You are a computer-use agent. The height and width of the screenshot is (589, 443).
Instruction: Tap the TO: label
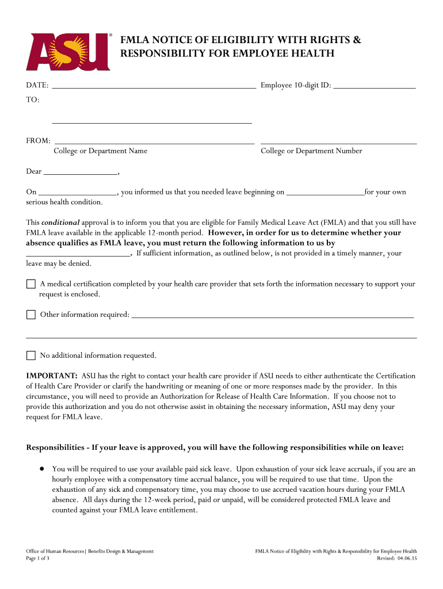tap(33, 100)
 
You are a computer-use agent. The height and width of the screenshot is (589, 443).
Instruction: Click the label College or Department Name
tap(100, 151)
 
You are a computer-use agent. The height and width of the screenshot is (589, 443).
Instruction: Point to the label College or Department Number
tap(311, 151)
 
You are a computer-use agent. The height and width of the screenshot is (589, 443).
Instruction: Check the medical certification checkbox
tap(31, 284)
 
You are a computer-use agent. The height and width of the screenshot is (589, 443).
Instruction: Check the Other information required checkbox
tap(31, 315)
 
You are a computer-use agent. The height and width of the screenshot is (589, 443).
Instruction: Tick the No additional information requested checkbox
tap(31, 355)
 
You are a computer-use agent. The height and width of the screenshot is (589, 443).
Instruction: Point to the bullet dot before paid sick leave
tap(42, 469)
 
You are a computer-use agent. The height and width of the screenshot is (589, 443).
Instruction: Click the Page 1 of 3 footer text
tap(34, 559)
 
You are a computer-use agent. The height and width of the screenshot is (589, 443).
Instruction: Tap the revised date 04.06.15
tap(406, 559)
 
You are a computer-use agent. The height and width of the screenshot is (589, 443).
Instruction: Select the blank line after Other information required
tap(273, 315)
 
